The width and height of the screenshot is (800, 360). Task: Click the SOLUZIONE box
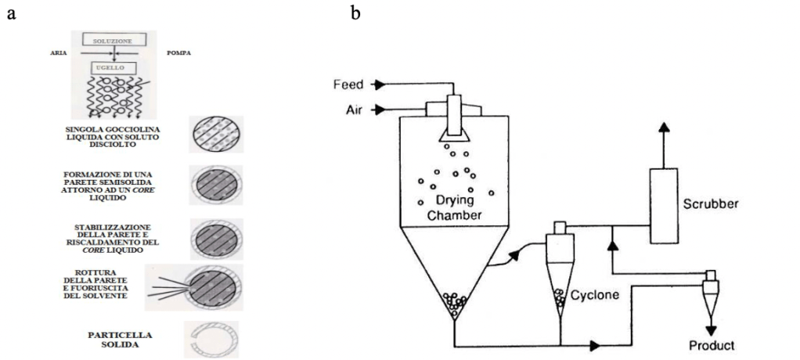[114, 39]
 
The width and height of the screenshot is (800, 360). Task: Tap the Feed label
[348, 84]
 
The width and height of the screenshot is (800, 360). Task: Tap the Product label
[711, 345]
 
